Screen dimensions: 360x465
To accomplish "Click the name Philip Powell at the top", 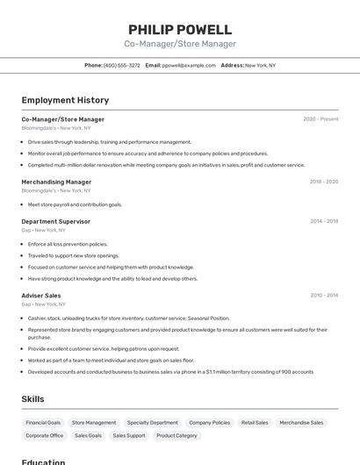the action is tap(180, 29).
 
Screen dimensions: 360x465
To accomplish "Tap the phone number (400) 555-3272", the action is tap(121, 65).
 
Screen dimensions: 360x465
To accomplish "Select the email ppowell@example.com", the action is tap(189, 65).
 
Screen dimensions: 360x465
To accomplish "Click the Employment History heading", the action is tap(65, 100).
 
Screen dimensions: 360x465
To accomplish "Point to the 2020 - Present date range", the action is tap(320, 119).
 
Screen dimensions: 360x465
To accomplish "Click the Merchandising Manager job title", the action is tap(56, 182).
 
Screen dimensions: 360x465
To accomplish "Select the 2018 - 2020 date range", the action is tap(323, 182).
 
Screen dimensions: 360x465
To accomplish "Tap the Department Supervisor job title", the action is tap(55, 221).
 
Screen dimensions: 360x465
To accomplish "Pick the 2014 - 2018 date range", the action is tap(324, 221).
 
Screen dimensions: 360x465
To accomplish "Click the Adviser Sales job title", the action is tap(41, 296).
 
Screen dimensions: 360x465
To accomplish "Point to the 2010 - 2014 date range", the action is tap(324, 296).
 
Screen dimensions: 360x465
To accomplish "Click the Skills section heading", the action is tap(33, 399).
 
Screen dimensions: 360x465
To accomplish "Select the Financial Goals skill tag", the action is tap(43, 422).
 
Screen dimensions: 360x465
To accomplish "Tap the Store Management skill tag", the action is tap(94, 422).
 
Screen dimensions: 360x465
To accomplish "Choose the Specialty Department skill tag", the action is tap(152, 422).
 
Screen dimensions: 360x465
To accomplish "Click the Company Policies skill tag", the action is tap(209, 422).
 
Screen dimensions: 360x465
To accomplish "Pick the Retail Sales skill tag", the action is tap(255, 422).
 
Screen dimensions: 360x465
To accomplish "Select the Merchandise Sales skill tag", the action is tap(301, 422).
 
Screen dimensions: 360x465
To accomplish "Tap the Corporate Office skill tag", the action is tap(44, 435).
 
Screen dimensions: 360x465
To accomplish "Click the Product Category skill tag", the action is tap(176, 435).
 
